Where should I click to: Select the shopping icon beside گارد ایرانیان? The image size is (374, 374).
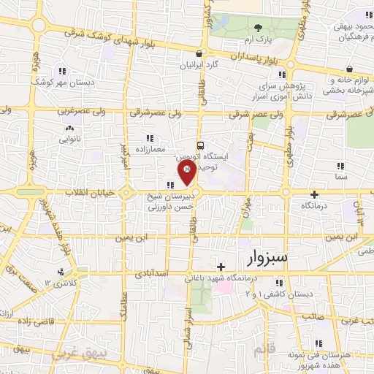point(199,53)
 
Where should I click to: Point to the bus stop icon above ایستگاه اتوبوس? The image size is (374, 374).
point(199,145)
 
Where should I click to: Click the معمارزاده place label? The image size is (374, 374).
point(148,148)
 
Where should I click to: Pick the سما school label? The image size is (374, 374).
point(340,177)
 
